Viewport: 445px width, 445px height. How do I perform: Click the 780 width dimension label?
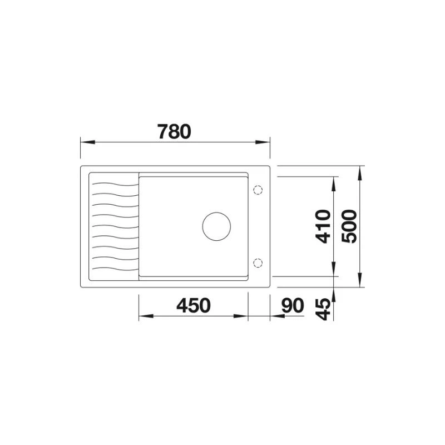click(175, 131)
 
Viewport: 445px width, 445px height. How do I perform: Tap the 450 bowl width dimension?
click(194, 305)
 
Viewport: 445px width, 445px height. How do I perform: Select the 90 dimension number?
click(293, 305)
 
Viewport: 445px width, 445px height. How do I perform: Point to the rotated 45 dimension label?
click(324, 309)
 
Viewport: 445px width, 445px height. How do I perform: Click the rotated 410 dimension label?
click(324, 226)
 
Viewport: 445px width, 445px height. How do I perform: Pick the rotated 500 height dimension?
click(349, 226)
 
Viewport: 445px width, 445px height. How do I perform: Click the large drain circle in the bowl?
click(216, 226)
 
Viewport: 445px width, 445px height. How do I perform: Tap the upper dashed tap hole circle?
click(258, 190)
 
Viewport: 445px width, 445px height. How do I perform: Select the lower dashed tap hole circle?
click(258, 263)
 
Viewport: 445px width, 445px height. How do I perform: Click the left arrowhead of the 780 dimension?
click(88, 142)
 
